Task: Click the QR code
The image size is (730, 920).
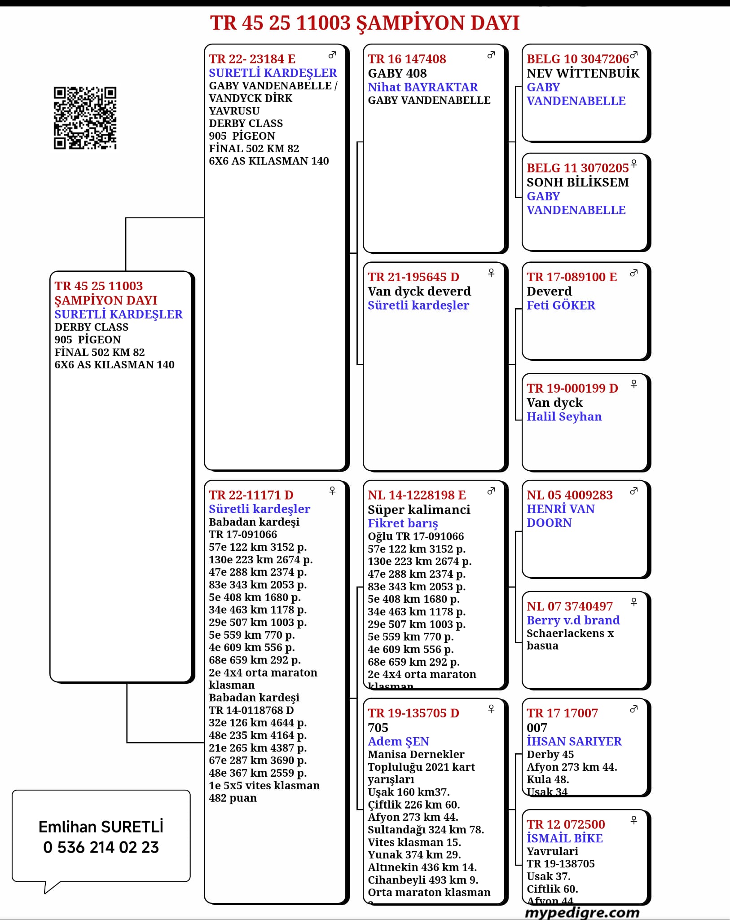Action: click(85, 118)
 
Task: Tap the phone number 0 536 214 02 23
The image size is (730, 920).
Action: click(101, 847)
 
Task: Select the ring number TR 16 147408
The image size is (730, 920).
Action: click(407, 59)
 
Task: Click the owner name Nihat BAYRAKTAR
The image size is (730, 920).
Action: click(422, 87)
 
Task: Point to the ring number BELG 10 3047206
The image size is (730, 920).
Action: click(577, 59)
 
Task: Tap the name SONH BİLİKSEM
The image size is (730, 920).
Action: click(577, 182)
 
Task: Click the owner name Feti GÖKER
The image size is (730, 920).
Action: click(561, 305)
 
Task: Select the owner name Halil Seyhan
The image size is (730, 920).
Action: click(564, 416)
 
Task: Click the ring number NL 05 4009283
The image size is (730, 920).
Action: click(569, 495)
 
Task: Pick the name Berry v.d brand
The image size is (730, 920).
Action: click(573, 620)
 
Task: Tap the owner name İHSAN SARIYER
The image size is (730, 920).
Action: click(574, 741)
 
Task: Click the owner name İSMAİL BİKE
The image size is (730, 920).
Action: click(564, 838)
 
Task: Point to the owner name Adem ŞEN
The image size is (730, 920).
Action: click(398, 741)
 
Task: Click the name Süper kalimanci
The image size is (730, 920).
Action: click(419, 509)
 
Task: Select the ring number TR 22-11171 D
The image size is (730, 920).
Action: click(251, 495)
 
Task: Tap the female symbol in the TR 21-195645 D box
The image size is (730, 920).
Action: click(491, 273)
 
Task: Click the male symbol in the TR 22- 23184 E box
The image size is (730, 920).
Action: click(332, 55)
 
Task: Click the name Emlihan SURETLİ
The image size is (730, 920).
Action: click(101, 827)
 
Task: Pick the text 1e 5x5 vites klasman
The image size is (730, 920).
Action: click(264, 785)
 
